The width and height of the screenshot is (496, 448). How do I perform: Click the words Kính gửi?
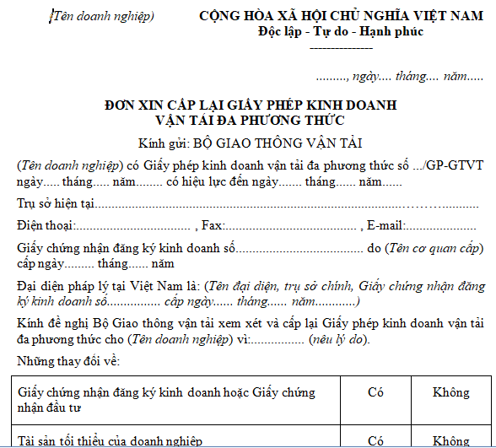[x=162, y=143]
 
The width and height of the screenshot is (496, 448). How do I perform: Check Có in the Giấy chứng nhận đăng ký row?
[x=376, y=392]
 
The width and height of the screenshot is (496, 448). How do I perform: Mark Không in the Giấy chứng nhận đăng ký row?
[x=451, y=392]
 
